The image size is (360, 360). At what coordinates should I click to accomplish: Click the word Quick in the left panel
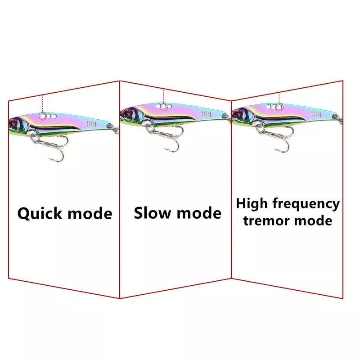tap(40, 213)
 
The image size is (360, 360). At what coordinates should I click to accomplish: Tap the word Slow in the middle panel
tap(152, 213)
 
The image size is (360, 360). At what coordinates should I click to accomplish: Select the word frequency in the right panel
tap(306, 204)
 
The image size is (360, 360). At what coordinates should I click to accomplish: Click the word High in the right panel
tap(252, 204)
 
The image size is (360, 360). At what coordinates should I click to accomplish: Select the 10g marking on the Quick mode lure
tap(91, 124)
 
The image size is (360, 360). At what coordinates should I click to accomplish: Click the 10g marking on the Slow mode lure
tap(206, 114)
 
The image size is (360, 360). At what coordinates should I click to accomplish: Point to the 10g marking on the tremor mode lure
tap(316, 114)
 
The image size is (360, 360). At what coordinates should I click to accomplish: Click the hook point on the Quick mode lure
tap(49, 158)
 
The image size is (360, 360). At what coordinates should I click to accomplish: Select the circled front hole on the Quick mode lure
tap(42, 116)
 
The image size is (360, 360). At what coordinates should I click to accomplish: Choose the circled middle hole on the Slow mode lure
tap(163, 107)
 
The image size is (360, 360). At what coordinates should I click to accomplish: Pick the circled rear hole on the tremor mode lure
tap(279, 107)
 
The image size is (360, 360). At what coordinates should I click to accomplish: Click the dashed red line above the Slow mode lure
tap(163, 96)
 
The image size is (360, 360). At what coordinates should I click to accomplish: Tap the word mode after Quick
tap(90, 213)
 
